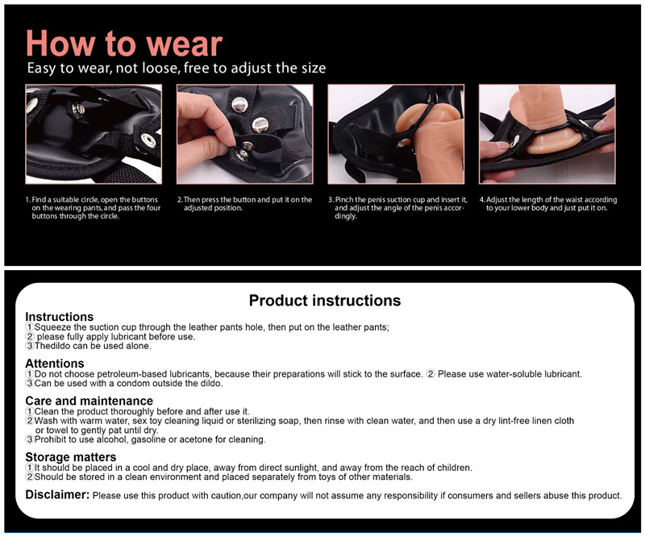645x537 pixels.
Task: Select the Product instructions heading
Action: [x=324, y=301]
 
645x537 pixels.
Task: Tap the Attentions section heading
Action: [x=55, y=364]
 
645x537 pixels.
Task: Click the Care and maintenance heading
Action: [x=89, y=401]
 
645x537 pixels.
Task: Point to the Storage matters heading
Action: [x=70, y=457]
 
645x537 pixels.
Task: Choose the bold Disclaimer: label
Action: [x=57, y=494]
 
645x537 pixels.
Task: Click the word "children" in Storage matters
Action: [x=448, y=468]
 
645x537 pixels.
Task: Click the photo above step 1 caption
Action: [x=93, y=134]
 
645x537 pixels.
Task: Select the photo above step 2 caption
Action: [x=244, y=134]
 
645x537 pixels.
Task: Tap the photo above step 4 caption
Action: [x=547, y=134]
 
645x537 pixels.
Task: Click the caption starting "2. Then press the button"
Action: [x=244, y=203]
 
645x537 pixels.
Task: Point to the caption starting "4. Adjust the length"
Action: [x=548, y=203]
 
